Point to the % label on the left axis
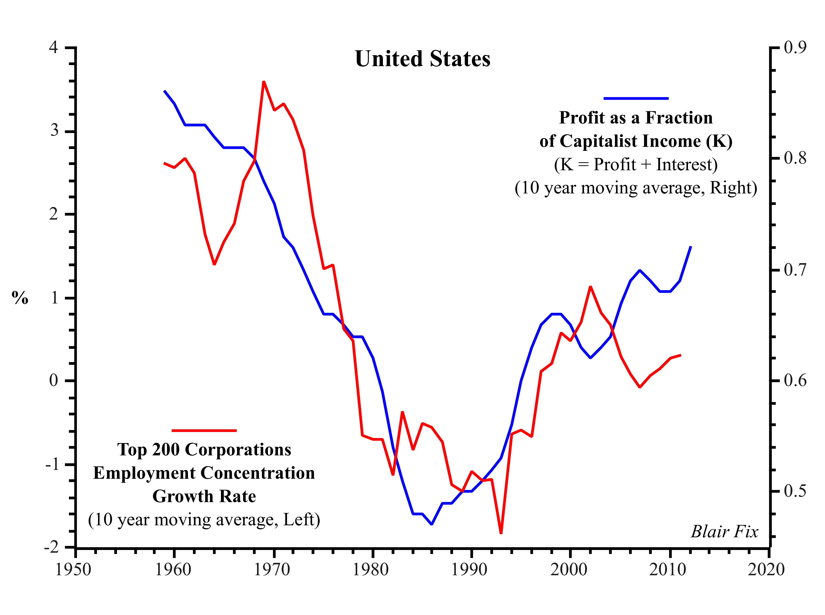pyautogui.click(x=20, y=298)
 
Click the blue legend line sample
pyautogui.click(x=636, y=98)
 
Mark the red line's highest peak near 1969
pyautogui.click(x=264, y=82)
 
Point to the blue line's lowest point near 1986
pyautogui.click(x=432, y=524)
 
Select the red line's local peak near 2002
pyautogui.click(x=590, y=287)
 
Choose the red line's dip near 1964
pyautogui.click(x=214, y=264)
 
